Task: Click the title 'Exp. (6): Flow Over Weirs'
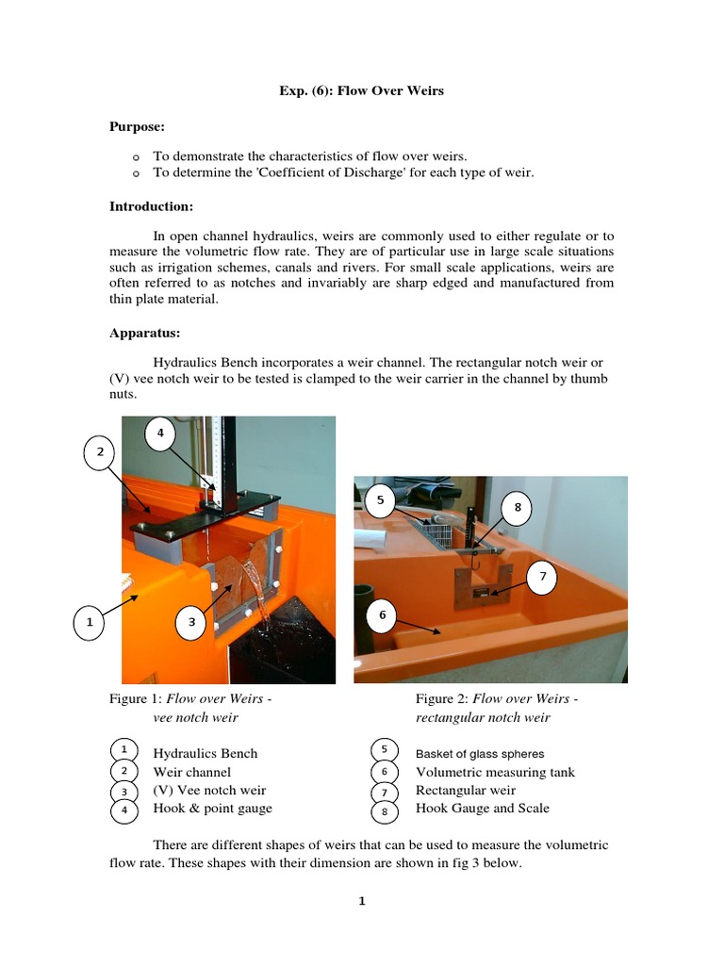click(x=361, y=91)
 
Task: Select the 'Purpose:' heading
click(x=138, y=126)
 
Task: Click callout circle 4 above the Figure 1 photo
click(x=160, y=433)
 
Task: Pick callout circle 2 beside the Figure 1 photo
click(x=99, y=453)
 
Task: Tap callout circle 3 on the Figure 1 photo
click(x=191, y=622)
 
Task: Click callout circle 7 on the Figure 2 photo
click(x=541, y=575)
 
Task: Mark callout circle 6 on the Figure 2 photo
click(x=383, y=615)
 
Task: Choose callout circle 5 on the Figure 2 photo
click(x=380, y=500)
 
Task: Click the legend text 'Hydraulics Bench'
click(x=205, y=754)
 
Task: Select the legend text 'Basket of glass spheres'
click(x=480, y=754)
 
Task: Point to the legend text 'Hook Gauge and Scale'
click(x=482, y=809)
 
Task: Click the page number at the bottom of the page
click(x=361, y=902)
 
